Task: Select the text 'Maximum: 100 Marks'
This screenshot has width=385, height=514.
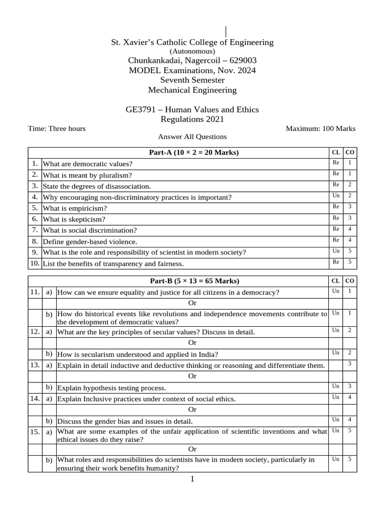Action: [x=320, y=128]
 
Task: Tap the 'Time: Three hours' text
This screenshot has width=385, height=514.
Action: [x=57, y=128]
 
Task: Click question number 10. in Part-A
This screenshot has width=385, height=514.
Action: [x=35, y=263]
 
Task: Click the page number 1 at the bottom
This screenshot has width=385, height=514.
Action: [x=192, y=479]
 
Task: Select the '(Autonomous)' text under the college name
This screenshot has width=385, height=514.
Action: [x=192, y=51]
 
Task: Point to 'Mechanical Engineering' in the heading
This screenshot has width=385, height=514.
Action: [x=192, y=90]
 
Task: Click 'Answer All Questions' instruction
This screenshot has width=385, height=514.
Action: [x=192, y=137]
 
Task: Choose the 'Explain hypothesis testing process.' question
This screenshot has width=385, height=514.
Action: [x=111, y=388]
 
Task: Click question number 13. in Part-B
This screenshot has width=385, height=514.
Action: [x=35, y=365]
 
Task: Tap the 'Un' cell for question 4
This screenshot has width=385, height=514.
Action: [x=336, y=196]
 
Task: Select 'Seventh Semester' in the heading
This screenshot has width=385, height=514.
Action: [x=192, y=80]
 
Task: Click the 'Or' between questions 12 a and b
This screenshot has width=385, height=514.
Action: [x=192, y=343]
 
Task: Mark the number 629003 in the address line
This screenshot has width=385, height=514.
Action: [x=242, y=61]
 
